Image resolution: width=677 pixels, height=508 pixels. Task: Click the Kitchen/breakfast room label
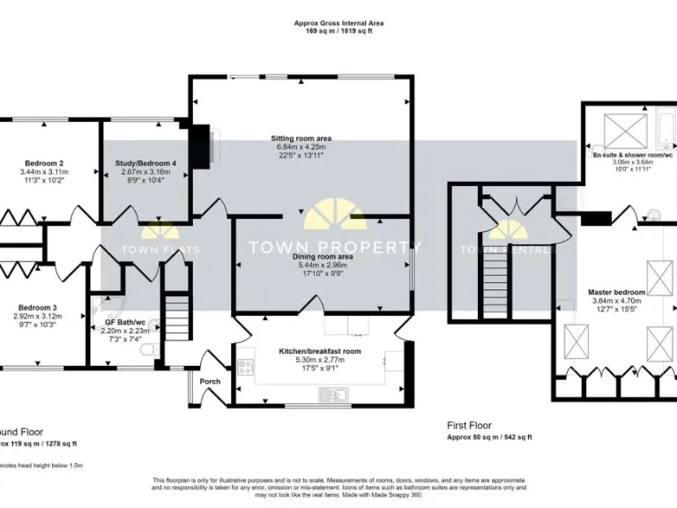pos(320,351)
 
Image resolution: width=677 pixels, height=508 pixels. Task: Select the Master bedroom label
pos(617,292)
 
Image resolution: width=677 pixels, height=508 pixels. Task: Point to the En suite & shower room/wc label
pos(632,154)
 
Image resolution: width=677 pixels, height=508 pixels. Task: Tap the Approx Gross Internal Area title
pos(338,23)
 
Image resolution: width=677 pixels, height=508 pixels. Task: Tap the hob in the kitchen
pos(245,369)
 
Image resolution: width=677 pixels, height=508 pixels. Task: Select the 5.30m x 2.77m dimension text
pos(320,360)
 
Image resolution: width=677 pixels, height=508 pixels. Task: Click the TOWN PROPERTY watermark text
pos(335,247)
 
